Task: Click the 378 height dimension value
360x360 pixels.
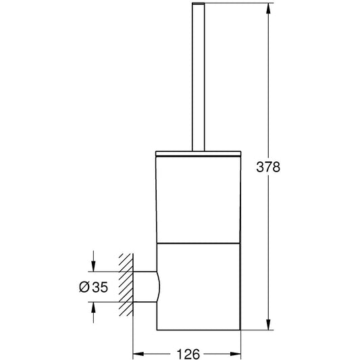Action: tap(268, 167)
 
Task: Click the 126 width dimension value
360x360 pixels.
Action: tap(188, 354)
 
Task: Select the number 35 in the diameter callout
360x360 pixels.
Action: tap(100, 287)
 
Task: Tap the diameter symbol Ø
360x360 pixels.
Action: tap(84, 287)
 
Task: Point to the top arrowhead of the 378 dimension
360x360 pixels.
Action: tap(268, 9)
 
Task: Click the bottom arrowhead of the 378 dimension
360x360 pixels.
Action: tap(268, 324)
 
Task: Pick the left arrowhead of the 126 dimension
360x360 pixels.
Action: tap(138, 354)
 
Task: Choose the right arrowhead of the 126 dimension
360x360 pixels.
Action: tap(235, 354)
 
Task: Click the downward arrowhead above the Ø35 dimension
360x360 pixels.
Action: tap(93, 266)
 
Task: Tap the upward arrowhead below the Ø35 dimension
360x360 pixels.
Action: tap(93, 307)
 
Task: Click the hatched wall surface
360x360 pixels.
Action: tap(126, 285)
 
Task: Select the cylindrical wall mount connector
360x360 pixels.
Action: tap(147, 287)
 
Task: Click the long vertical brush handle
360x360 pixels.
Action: tap(198, 77)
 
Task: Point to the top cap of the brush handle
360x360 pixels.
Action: tap(198, 3)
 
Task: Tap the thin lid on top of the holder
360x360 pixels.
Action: tap(198, 153)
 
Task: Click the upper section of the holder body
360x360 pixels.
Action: tap(199, 199)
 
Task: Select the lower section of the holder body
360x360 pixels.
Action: tap(199, 286)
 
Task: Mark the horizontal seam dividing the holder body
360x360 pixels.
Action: tap(199, 243)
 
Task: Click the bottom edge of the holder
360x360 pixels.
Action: tap(199, 330)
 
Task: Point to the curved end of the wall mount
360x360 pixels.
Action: tap(159, 287)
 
